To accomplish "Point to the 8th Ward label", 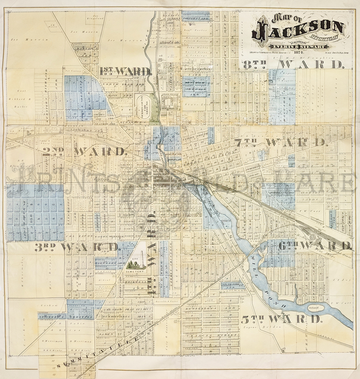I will tap(293, 65).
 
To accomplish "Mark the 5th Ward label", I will tap(281, 319).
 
